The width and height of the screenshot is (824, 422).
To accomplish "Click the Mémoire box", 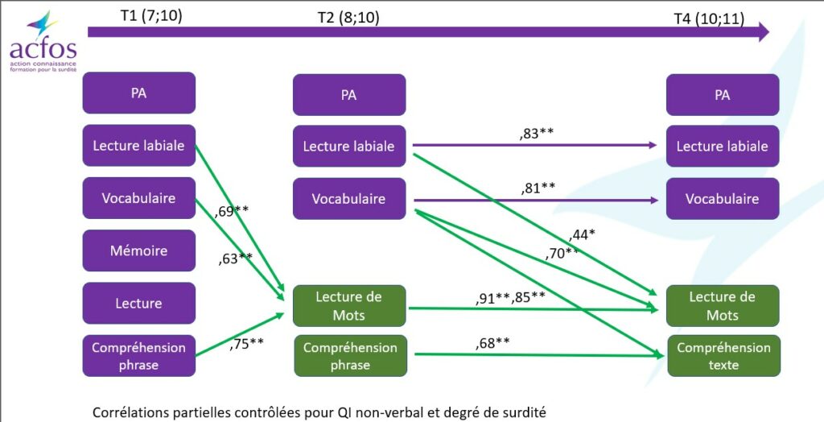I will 138,250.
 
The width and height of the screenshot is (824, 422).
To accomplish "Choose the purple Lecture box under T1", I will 138,303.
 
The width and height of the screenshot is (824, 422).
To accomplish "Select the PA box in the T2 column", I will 348,95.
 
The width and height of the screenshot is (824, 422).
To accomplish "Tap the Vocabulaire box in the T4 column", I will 722,198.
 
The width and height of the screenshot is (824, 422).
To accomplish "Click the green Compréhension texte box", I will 723,356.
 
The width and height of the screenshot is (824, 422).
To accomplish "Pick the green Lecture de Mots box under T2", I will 348,305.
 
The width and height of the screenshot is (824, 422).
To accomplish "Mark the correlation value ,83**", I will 537,134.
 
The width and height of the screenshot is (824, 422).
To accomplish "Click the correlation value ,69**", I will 232,212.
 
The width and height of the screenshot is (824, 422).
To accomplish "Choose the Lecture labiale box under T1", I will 138,146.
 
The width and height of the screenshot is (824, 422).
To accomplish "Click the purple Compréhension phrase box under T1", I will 138,356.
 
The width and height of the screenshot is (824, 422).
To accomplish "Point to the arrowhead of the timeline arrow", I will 763,32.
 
